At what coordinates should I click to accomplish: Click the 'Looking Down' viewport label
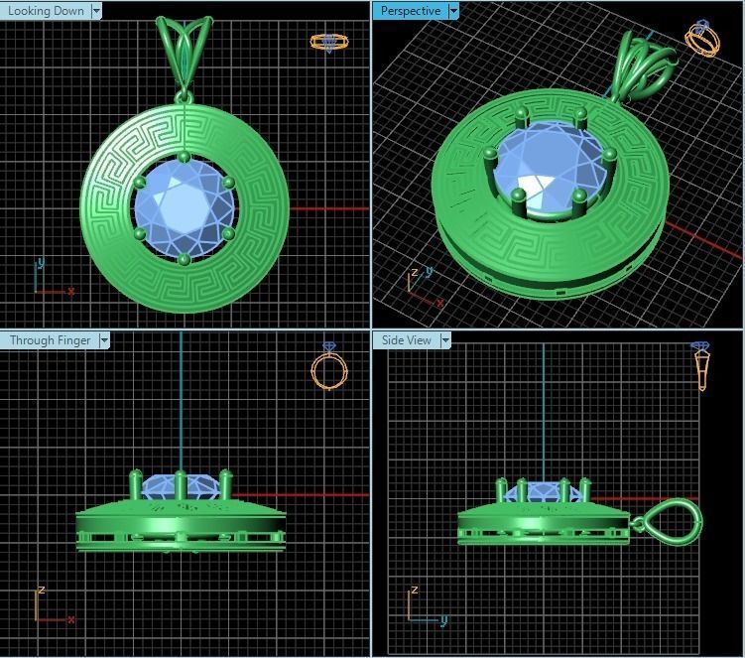click(x=47, y=11)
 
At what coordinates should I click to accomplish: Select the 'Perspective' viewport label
click(x=410, y=11)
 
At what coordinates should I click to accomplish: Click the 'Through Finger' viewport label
click(x=50, y=340)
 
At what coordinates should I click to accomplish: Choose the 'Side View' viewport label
click(x=407, y=340)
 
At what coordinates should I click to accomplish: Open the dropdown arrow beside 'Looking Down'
click(x=96, y=11)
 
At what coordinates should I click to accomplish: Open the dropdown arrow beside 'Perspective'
click(x=453, y=11)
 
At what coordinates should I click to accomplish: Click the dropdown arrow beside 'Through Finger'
click(x=103, y=340)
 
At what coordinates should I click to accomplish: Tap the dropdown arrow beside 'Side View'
click(x=445, y=340)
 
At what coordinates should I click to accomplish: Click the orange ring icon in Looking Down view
click(x=329, y=43)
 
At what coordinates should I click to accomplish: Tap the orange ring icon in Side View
click(x=701, y=366)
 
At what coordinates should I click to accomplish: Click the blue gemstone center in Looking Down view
click(x=185, y=207)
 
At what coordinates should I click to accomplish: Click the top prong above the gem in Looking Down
click(x=184, y=157)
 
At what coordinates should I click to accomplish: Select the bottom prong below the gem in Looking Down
click(x=184, y=260)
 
